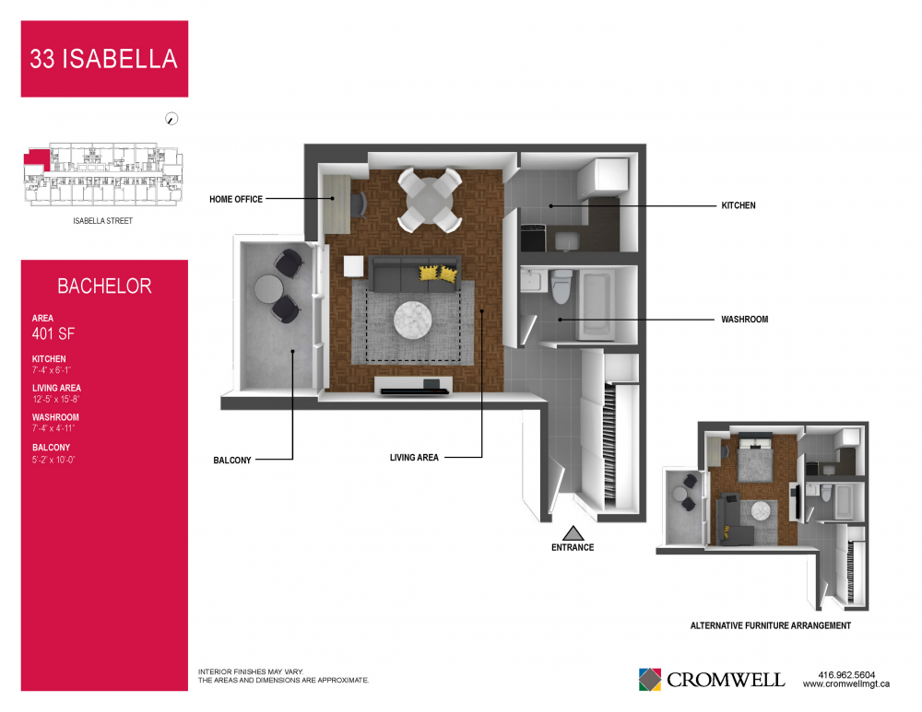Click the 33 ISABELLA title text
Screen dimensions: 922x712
click(x=103, y=59)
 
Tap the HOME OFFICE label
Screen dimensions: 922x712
click(x=236, y=199)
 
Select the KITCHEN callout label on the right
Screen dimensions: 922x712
click(x=739, y=205)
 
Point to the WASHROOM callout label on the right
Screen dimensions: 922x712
click(x=744, y=319)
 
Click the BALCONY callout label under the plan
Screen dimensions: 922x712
click(x=232, y=460)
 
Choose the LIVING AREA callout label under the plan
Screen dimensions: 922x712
click(x=414, y=457)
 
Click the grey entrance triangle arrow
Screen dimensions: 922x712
click(x=573, y=532)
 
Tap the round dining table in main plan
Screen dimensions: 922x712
click(x=430, y=200)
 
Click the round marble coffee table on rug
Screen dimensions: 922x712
click(x=413, y=321)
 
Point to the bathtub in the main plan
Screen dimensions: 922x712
click(x=597, y=304)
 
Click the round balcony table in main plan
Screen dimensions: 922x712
click(x=269, y=289)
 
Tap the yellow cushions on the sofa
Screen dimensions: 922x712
click(x=439, y=274)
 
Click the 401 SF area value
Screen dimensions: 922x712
click(x=53, y=333)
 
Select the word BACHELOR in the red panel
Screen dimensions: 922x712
click(x=105, y=286)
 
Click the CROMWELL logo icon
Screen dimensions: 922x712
click(x=650, y=680)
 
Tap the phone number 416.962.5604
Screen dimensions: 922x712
click(x=846, y=675)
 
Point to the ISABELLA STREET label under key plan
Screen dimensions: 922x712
click(x=103, y=221)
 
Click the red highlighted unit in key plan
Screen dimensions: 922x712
click(x=37, y=158)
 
